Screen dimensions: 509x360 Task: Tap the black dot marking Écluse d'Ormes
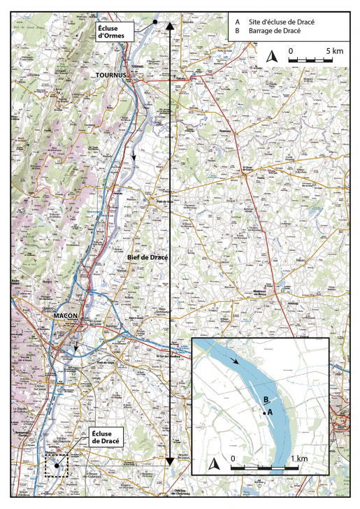pos(154,23)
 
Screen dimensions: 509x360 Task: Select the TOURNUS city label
pos(110,74)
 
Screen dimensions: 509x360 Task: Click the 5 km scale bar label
pos(333,51)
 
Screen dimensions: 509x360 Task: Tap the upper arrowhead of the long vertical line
pos(169,26)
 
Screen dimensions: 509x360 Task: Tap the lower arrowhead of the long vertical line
pos(169,461)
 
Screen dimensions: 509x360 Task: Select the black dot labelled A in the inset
pos(264,414)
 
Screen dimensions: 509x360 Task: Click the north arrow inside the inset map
pos(215,463)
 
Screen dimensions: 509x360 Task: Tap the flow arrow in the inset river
pos(240,361)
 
